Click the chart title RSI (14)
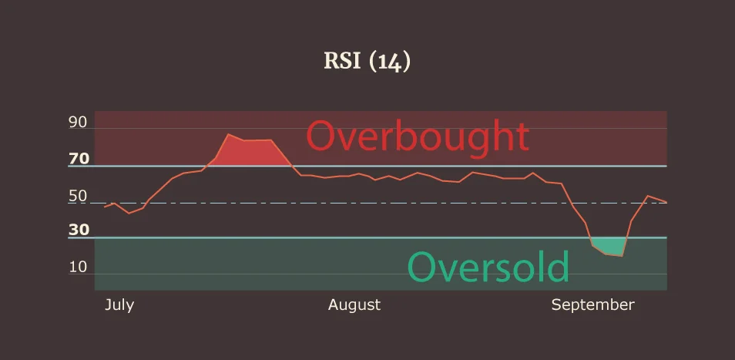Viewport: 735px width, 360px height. (367, 62)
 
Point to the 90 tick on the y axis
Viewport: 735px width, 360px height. (78, 122)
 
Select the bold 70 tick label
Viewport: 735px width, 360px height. (79, 160)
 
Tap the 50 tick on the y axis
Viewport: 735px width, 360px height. (78, 197)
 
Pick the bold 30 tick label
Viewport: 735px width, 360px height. (79, 230)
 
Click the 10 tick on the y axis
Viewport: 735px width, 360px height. (78, 267)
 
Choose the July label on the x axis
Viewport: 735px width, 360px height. (119, 304)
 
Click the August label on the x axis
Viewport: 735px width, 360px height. (354, 304)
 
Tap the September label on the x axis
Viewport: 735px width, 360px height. (592, 304)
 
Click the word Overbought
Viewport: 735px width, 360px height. (418, 136)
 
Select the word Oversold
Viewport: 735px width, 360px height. (488, 267)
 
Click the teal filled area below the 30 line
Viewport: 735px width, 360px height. (609, 245)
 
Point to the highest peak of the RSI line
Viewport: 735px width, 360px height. (228, 134)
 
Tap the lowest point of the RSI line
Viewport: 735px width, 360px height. (621, 255)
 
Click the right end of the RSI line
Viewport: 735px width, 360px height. (666, 202)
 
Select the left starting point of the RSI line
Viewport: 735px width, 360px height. (105, 207)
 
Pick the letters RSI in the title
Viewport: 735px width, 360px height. (342, 62)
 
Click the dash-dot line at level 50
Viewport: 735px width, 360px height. (462, 204)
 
